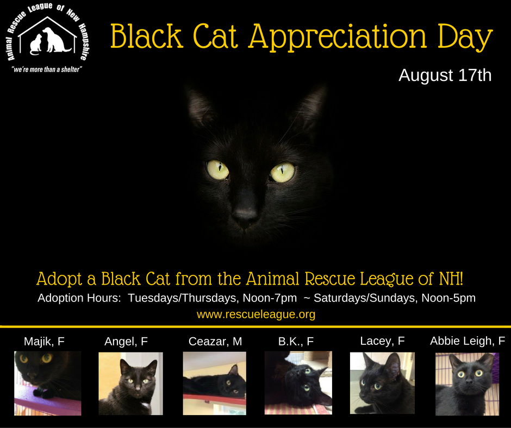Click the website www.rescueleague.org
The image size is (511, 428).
pos(256,314)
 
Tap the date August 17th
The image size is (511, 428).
pos(445,75)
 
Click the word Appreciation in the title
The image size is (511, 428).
pos(338,36)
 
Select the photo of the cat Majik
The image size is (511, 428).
pos(48,383)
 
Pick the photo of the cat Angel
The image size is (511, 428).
pos(130,383)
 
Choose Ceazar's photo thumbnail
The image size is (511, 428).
pos(214,383)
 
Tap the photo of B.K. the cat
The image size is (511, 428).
pos(298,383)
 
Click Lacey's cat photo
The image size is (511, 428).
pos(382,383)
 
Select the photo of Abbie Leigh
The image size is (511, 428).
pos(468,384)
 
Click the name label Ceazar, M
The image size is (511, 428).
pos(215,341)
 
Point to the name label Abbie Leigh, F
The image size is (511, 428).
pos(468,341)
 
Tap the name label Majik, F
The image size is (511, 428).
pos(44,341)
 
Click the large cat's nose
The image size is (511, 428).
pos(245,214)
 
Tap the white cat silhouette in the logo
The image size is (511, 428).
pos(36,45)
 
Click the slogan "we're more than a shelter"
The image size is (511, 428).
pos(47,70)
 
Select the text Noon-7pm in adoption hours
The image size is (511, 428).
pos(270,298)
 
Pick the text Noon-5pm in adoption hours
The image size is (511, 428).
pos(448,298)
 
